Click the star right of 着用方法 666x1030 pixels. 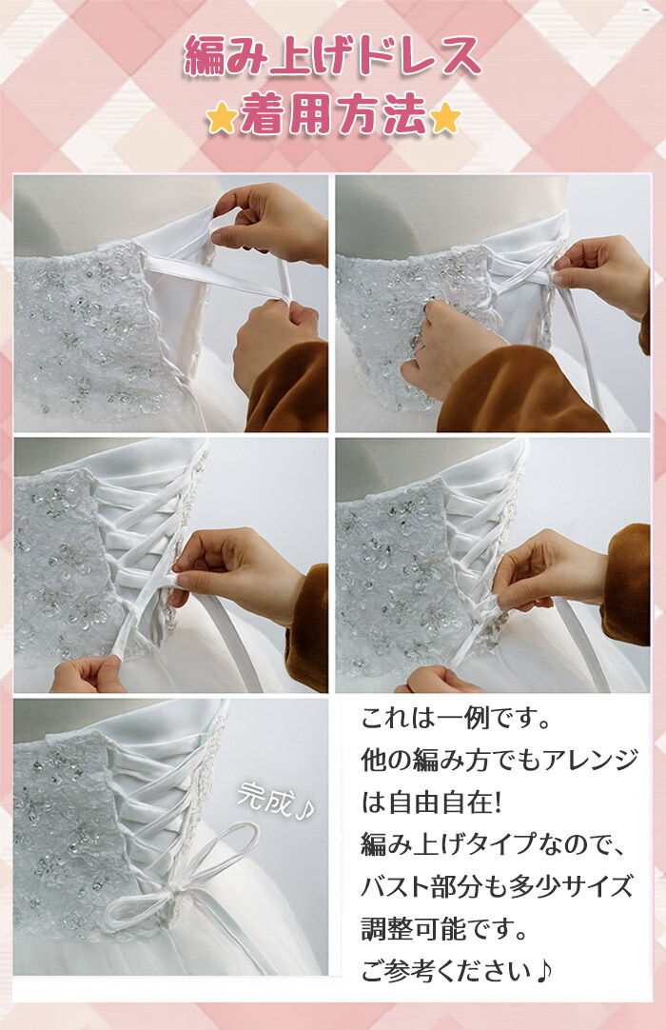[445, 118]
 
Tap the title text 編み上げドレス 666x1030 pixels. [333, 56]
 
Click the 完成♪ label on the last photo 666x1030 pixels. [275, 801]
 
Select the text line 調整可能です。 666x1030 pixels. [444, 929]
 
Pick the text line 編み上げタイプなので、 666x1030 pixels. [494, 844]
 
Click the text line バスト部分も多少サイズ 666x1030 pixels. [497, 887]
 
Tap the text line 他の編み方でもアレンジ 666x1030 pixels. [499, 761]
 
